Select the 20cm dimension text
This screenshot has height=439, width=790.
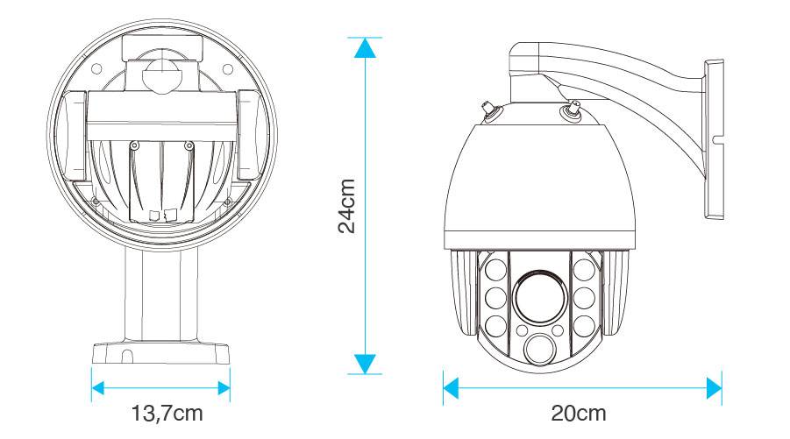579,412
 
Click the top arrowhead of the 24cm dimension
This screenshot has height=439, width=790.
365,47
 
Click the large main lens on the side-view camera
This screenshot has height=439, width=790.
538,296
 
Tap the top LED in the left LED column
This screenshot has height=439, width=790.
494,267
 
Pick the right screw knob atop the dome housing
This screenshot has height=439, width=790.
571,109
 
